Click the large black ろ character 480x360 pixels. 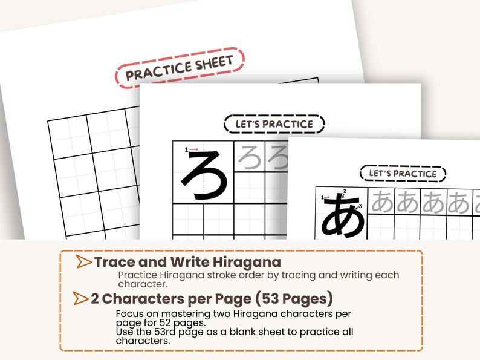pos(206,175)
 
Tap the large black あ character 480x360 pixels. pos(343,216)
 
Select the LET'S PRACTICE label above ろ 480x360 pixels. pos(274,124)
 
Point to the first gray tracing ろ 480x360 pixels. pos(249,157)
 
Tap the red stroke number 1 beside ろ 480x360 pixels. pos(187,149)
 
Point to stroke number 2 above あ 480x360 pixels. pos(345,192)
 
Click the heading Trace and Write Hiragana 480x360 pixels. pos(187,262)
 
